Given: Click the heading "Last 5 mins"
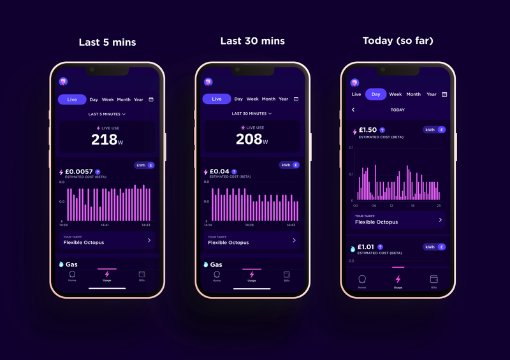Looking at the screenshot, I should (107, 43).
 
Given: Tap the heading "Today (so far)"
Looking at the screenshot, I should (397, 41).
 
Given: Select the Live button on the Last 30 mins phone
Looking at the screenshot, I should (217, 99).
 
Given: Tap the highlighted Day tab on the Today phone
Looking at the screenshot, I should (375, 94).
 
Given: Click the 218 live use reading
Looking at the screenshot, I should (105, 140).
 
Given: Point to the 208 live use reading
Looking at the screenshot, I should (249, 140).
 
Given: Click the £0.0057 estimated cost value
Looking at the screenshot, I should (79, 171).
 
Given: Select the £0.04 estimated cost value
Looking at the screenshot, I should (219, 171).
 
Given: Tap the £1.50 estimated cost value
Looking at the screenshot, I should (368, 130).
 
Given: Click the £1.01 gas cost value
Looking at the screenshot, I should (367, 247).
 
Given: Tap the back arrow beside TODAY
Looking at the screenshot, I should (354, 110).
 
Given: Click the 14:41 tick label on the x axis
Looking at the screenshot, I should (105, 225).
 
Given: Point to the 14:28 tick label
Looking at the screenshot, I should (249, 225).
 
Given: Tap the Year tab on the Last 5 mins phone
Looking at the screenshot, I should (138, 99).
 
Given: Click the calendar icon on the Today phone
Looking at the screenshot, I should (444, 94).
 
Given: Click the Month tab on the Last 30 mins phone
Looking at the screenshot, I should (268, 99).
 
